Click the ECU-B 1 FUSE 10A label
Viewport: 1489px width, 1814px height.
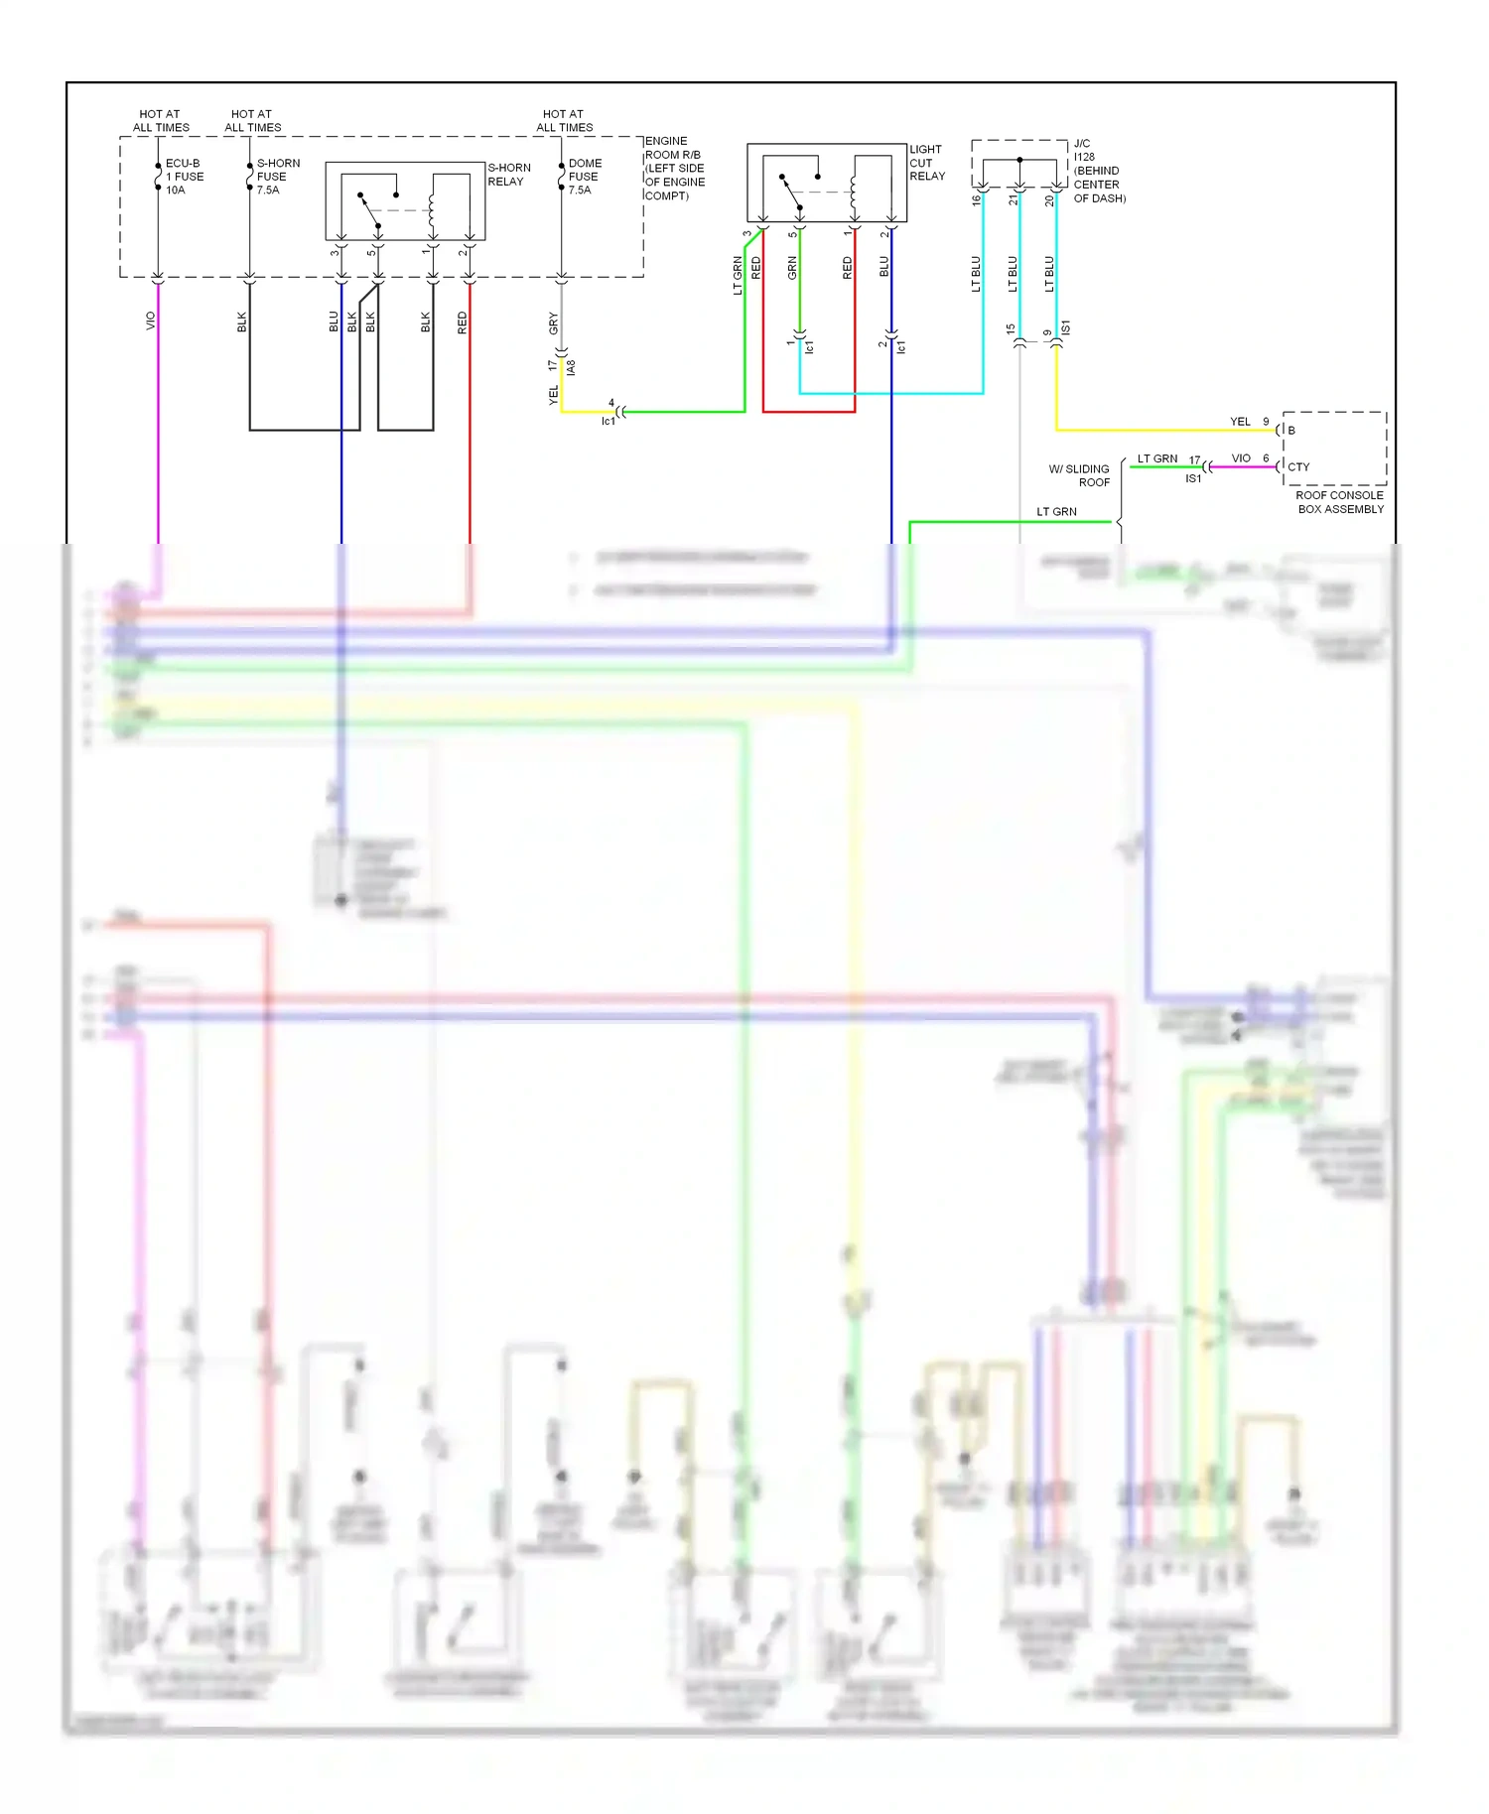184,177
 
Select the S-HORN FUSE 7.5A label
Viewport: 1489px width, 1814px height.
277,177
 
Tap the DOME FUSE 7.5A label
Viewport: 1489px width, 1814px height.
584,177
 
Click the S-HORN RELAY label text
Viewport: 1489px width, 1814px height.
508,175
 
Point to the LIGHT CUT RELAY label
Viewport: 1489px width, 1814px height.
926,163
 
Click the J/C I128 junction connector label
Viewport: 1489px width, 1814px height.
1098,171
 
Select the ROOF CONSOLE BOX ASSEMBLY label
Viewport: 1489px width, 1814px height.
1339,502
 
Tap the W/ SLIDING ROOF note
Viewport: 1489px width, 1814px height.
1080,475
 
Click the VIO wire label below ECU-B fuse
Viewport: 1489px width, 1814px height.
151,321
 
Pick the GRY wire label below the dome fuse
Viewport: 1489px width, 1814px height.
554,323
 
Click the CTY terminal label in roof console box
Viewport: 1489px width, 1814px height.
1298,466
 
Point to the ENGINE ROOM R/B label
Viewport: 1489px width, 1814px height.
674,169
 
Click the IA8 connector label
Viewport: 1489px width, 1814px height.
571,367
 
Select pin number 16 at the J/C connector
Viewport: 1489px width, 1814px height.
976,200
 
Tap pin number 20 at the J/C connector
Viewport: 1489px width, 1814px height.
1049,200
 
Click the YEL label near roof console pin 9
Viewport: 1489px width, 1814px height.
1240,422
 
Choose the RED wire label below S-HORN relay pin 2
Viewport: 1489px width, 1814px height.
462,323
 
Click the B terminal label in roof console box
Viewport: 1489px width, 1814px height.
1291,431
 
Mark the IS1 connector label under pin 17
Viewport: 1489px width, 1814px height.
1192,479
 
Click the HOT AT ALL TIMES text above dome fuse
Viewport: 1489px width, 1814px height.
564,121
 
